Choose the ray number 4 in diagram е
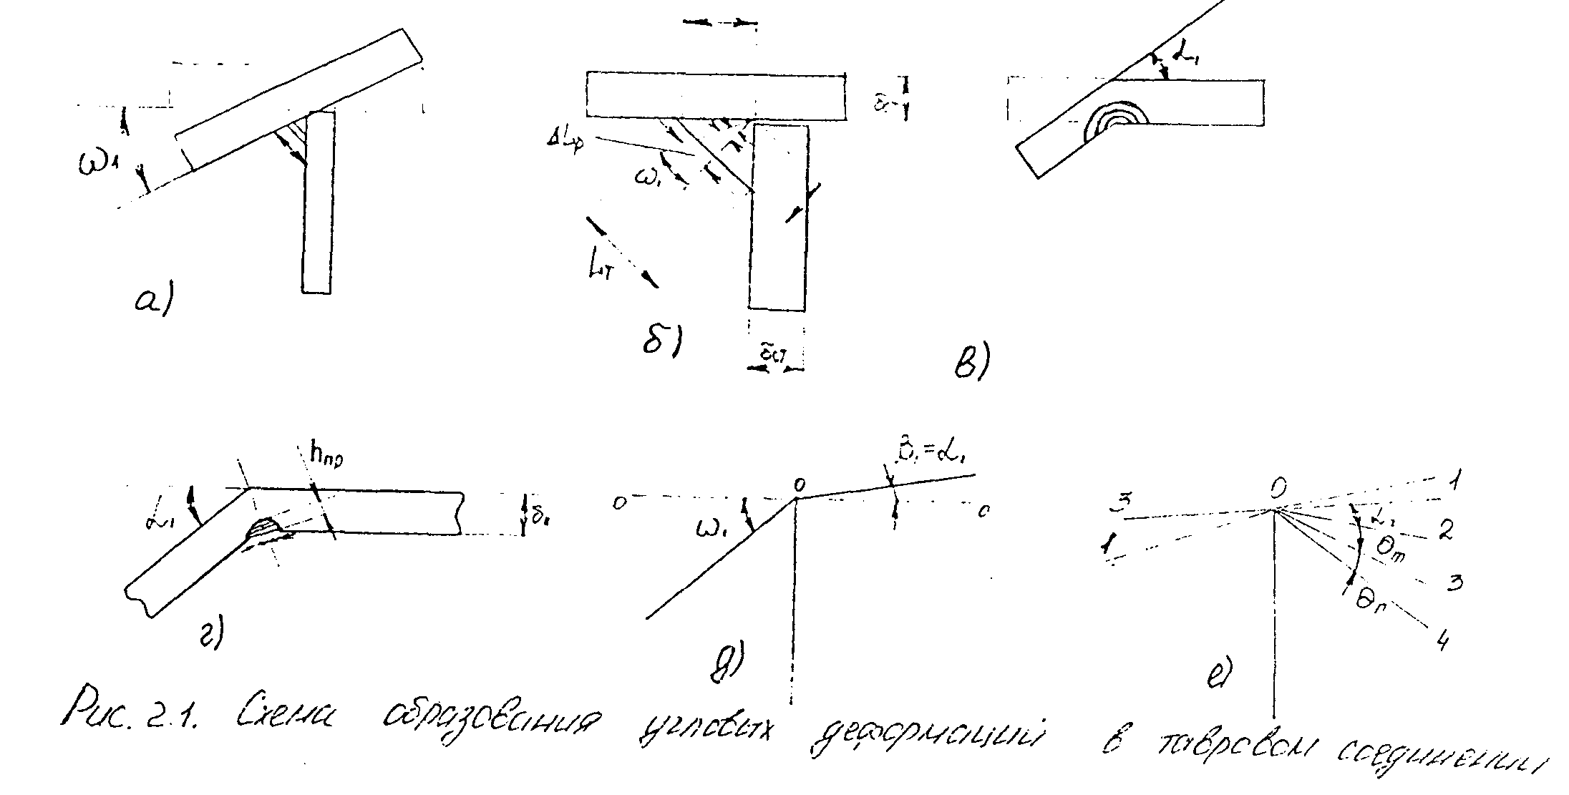pos(1442,640)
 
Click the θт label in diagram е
pos(1392,550)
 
